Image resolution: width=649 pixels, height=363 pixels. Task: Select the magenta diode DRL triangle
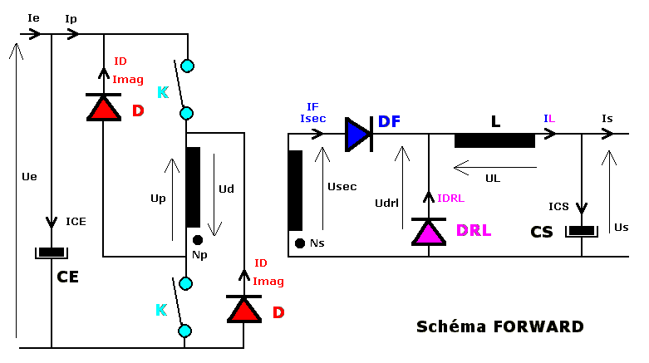(429, 230)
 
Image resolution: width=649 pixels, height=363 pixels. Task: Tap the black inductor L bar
(494, 140)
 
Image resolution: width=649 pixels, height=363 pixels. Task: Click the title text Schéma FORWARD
(500, 326)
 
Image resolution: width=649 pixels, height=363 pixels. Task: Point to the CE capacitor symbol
(52, 253)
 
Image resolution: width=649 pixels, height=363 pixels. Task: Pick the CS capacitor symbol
(582, 230)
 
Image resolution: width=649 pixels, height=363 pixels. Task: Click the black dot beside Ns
(299, 243)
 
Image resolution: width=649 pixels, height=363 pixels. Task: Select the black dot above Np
(197, 240)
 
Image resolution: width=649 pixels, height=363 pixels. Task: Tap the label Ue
(30, 177)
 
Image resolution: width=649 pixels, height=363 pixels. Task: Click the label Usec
(342, 187)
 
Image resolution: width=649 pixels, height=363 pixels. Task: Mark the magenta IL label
(549, 120)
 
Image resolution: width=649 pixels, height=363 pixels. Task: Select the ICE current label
(76, 222)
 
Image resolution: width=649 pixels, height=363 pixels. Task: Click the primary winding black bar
(193, 187)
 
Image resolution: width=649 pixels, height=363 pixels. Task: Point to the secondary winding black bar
(295, 190)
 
